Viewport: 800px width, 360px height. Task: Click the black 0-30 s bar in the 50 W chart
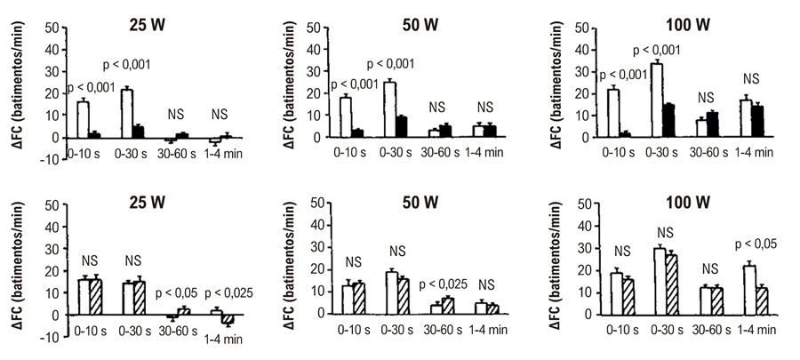401,127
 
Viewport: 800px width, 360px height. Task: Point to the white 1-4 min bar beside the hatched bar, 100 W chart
750,290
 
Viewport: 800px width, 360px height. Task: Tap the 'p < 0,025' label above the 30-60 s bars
444,284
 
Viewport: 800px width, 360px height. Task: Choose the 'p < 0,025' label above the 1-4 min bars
228,293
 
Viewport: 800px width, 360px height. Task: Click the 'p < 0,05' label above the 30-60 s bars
174,293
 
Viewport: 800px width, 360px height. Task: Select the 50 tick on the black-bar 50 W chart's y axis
315,27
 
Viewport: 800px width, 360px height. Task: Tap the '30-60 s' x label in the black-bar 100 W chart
709,153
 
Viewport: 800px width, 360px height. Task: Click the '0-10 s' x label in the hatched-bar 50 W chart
353,330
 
